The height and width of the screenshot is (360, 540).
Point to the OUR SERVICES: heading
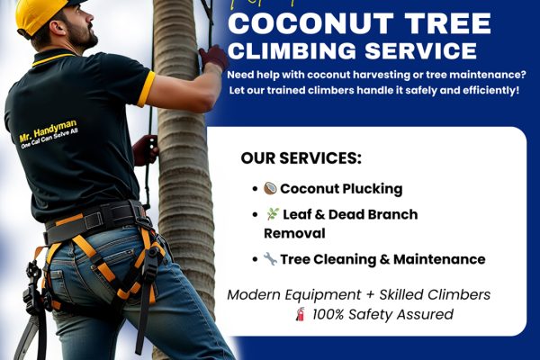coord(301,158)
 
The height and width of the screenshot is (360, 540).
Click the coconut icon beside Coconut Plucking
coord(270,189)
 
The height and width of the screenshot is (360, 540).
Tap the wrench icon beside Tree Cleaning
coord(270,259)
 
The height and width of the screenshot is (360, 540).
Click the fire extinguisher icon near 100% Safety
coord(300,315)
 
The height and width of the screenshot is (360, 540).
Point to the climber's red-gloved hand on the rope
coord(213,58)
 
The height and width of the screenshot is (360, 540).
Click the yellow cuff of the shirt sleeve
coord(146,88)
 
